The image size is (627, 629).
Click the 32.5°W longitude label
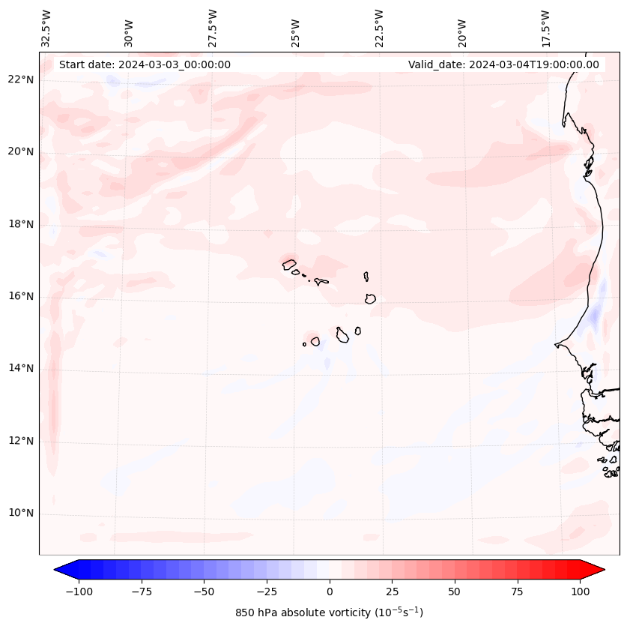[x=46, y=28]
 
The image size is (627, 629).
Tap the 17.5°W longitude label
[x=545, y=28]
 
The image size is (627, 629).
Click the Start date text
[x=145, y=64]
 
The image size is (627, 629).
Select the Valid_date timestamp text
[x=503, y=64]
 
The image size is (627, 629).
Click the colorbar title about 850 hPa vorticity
[x=330, y=613]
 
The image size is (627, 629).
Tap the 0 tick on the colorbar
[x=330, y=592]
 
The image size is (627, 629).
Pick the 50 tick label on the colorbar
[x=455, y=592]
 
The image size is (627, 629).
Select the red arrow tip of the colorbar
[x=598, y=570]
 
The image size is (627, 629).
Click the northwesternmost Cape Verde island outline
[x=289, y=264]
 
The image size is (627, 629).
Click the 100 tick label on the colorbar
[x=580, y=592]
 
